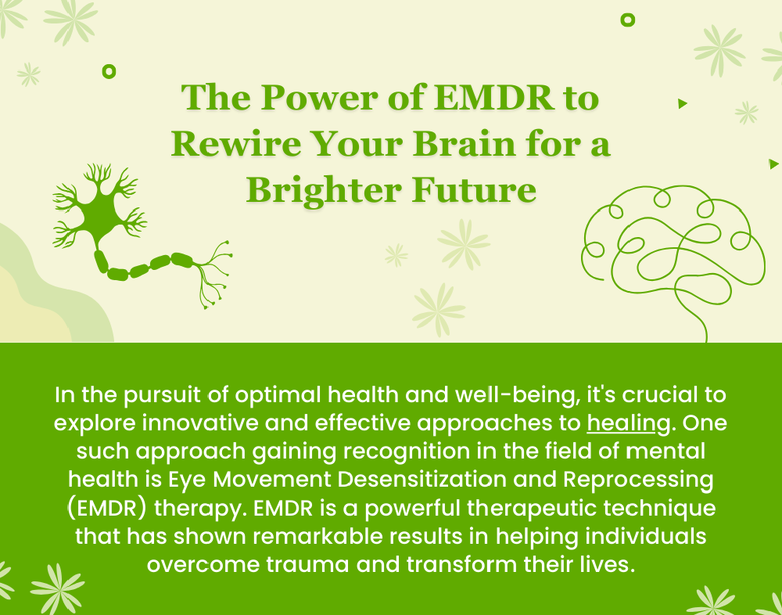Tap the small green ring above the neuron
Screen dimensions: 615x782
coord(109,71)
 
